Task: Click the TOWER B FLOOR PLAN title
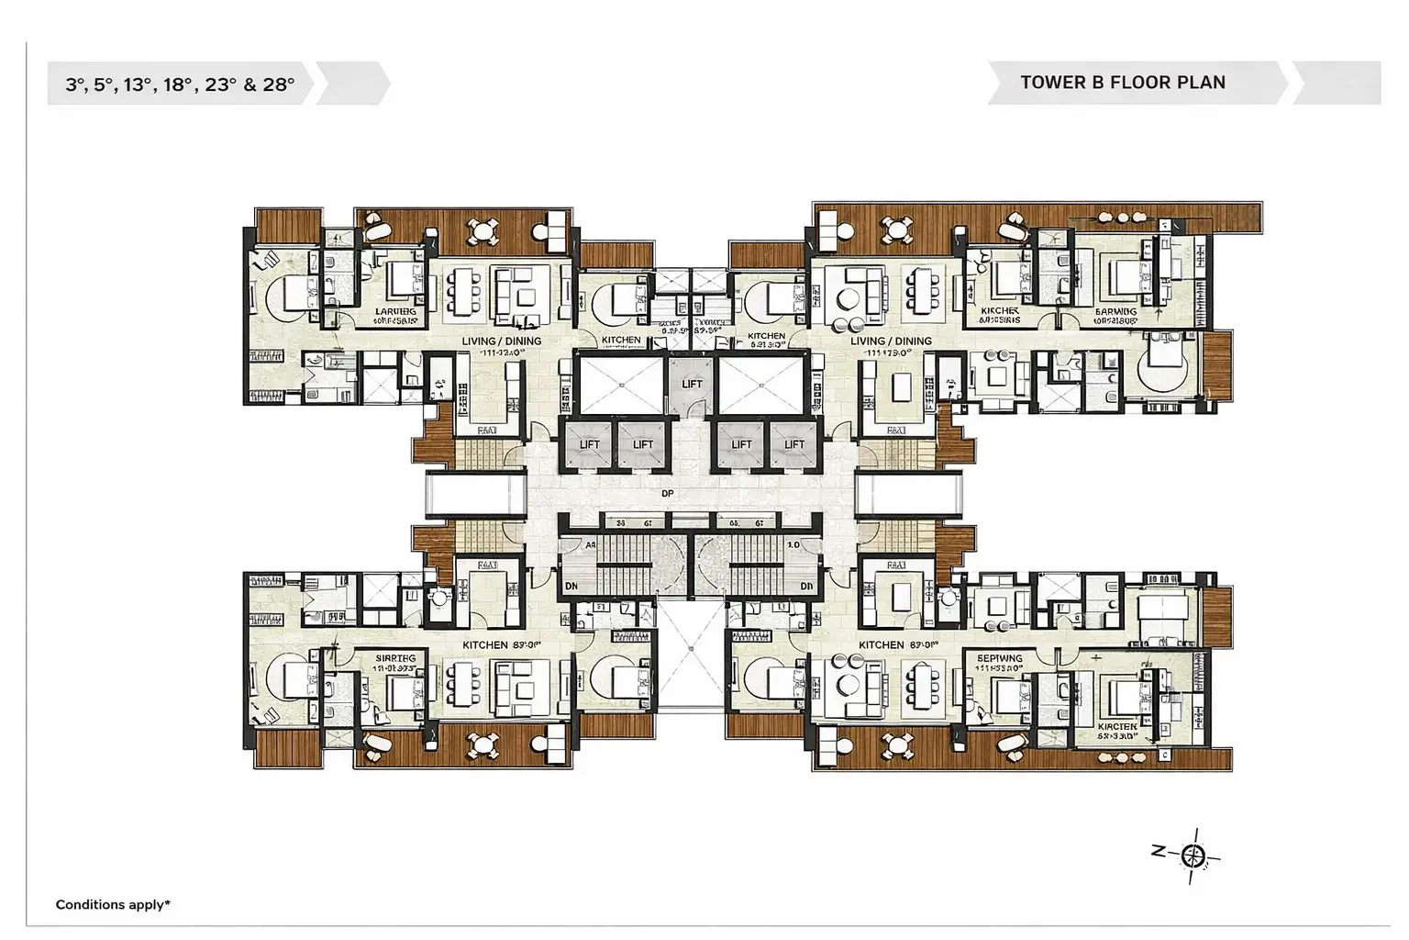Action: [1122, 83]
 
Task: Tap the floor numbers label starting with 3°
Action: [180, 84]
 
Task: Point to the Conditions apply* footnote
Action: [113, 905]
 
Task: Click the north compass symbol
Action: [1193, 856]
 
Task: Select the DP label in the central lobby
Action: [667, 494]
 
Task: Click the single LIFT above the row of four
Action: [692, 383]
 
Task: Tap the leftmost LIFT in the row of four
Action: [589, 444]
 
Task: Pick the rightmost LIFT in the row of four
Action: [794, 444]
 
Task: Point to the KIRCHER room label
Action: [1000, 312]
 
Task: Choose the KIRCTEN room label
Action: [1117, 727]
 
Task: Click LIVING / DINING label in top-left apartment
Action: [501, 341]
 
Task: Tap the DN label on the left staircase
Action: [570, 586]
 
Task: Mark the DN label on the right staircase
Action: [806, 586]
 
